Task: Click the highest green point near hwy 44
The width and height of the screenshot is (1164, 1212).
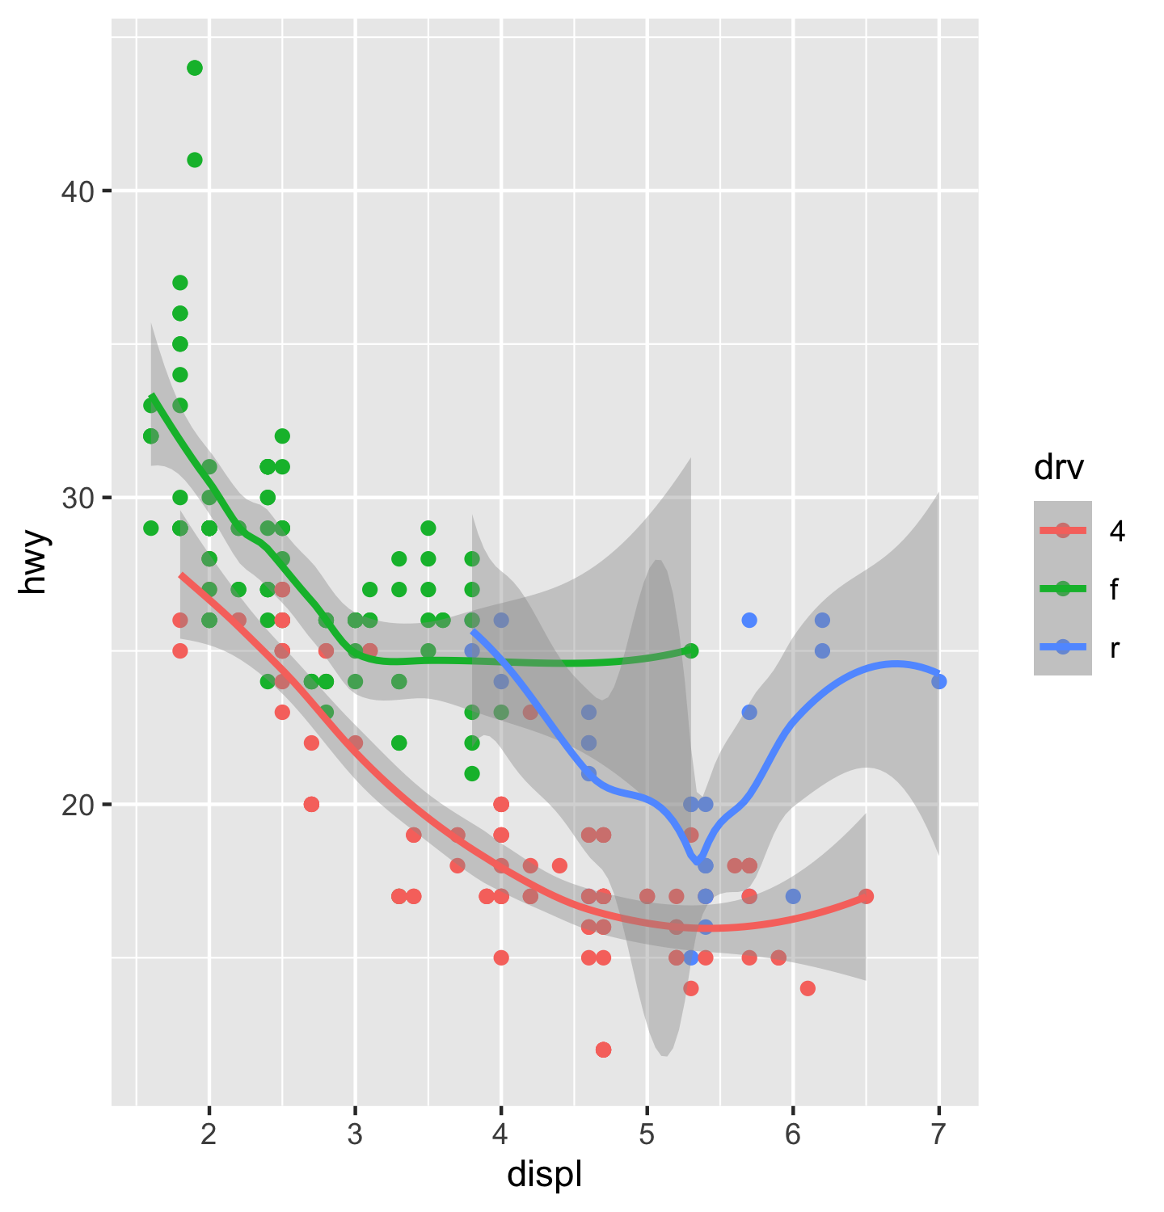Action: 195,68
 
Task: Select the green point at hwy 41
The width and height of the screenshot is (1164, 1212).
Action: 195,160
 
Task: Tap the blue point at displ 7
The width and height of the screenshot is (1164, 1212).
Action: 938,681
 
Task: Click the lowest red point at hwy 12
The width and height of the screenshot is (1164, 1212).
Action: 603,1050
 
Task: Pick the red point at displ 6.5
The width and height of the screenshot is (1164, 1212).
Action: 866,896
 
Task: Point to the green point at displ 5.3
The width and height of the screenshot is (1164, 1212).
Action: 690,650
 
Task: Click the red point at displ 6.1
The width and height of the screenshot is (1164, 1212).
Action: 808,988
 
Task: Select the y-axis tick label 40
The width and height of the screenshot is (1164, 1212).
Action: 78,191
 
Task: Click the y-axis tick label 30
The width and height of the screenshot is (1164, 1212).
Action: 78,498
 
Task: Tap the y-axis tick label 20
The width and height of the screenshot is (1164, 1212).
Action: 78,805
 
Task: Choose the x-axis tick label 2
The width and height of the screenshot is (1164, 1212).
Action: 209,1134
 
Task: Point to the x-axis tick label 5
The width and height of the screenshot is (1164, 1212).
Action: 647,1134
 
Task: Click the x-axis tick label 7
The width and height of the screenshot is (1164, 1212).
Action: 938,1134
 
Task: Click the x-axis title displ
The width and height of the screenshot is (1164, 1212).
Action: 544,1175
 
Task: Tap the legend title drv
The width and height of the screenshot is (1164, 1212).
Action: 1058,468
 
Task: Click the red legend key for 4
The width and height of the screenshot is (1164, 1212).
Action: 1063,531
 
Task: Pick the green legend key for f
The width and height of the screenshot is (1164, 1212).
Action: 1063,589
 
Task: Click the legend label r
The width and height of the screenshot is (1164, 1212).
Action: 1115,647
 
